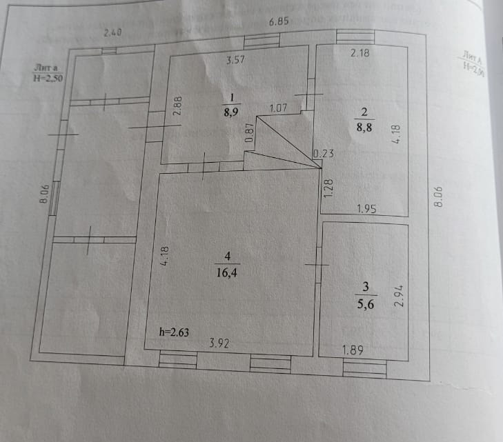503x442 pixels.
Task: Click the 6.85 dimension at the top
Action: click(279, 21)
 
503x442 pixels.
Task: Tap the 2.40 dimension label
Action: click(112, 32)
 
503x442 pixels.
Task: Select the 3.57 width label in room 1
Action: click(237, 60)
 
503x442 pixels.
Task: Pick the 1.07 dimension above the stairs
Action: click(278, 108)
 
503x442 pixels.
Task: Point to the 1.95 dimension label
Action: click(366, 208)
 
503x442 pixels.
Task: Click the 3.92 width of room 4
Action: click(219, 342)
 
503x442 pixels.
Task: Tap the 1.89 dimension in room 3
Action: click(354, 350)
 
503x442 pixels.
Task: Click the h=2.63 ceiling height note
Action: click(174, 332)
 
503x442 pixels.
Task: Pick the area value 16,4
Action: click(226, 272)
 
